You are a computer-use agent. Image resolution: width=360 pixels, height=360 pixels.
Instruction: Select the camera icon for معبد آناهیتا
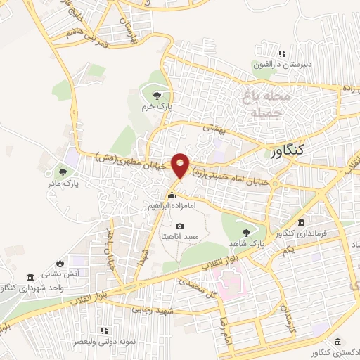pos(180,226)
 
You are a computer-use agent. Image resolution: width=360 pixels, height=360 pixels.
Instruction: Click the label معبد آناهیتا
pos(181,237)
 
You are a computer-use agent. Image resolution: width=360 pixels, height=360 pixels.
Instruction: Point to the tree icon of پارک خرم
pos(156,96)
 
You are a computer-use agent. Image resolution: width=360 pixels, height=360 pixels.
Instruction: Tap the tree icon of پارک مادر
pos(63,172)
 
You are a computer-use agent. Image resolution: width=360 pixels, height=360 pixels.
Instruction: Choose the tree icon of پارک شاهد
pos(245,232)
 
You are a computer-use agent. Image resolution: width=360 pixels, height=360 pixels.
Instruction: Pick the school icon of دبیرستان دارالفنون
pos(282,53)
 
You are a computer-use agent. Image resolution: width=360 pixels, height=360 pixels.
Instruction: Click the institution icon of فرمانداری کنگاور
pos(321,223)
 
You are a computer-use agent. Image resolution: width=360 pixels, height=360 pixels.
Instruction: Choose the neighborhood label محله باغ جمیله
pos(256,103)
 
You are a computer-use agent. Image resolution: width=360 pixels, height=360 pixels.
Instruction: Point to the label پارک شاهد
pos(245,243)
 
